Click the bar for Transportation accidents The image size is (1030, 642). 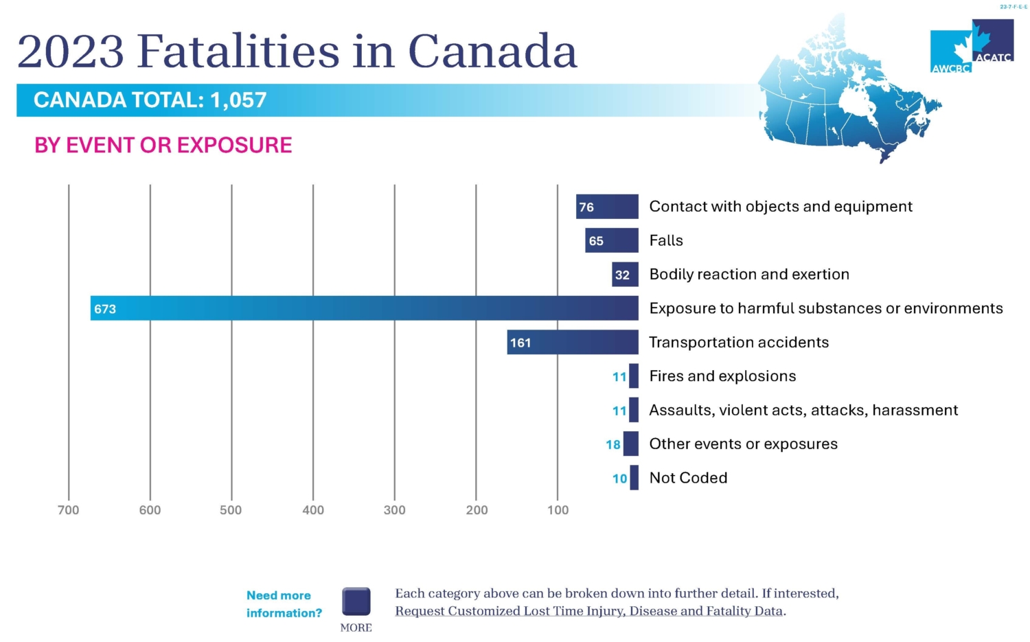[x=573, y=342]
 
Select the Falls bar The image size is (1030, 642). [x=612, y=240]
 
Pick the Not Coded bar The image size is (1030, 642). [x=634, y=478]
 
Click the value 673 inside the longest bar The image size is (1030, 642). [x=105, y=309]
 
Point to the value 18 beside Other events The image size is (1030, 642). [x=613, y=444]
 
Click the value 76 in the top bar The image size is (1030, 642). [x=586, y=207]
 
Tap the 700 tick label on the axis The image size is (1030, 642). [x=69, y=510]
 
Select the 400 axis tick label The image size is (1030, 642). [x=313, y=510]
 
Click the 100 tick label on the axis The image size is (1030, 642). [x=558, y=510]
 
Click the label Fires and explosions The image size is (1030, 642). [x=722, y=376]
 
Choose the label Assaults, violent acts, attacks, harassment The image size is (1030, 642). [x=803, y=410]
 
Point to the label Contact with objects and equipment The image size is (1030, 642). [x=781, y=207]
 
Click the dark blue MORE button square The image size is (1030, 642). [x=356, y=601]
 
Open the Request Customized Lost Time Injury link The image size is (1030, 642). [x=589, y=611]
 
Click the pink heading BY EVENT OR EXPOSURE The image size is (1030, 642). [x=163, y=146]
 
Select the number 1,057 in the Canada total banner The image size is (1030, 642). [x=238, y=100]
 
